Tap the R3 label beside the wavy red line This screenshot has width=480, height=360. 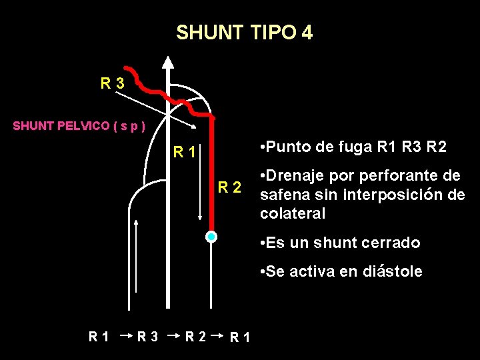[111, 84]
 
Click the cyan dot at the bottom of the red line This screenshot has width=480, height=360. [211, 237]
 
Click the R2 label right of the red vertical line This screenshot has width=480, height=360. [230, 187]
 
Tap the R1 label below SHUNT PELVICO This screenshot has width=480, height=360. [184, 152]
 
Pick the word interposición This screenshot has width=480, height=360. [390, 195]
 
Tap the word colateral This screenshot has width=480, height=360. [293, 214]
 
